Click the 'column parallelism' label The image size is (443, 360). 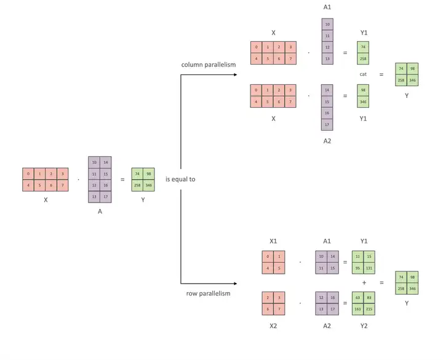point(209,65)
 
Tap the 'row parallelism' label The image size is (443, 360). point(208,294)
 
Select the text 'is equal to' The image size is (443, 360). point(180,179)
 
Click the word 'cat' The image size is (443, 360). point(363,74)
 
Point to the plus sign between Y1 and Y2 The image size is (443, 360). point(364,282)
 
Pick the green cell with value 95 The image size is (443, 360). point(357,268)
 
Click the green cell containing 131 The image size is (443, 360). point(369,268)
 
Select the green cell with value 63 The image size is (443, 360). point(357,298)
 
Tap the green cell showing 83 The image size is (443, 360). point(369,298)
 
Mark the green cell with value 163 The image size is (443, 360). point(357,309)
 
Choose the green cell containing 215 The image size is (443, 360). point(369,309)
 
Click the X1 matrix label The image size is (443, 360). point(273,241)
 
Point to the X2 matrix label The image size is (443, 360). point(273,326)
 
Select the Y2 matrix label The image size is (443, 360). point(364,326)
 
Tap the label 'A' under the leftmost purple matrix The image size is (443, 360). point(100,211)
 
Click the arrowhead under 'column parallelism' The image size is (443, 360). point(235,74)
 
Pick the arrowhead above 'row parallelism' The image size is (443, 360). point(235,284)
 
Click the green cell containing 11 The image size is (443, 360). point(357,257)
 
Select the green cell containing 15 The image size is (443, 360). point(369,257)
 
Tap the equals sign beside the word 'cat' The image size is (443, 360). point(381,74)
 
